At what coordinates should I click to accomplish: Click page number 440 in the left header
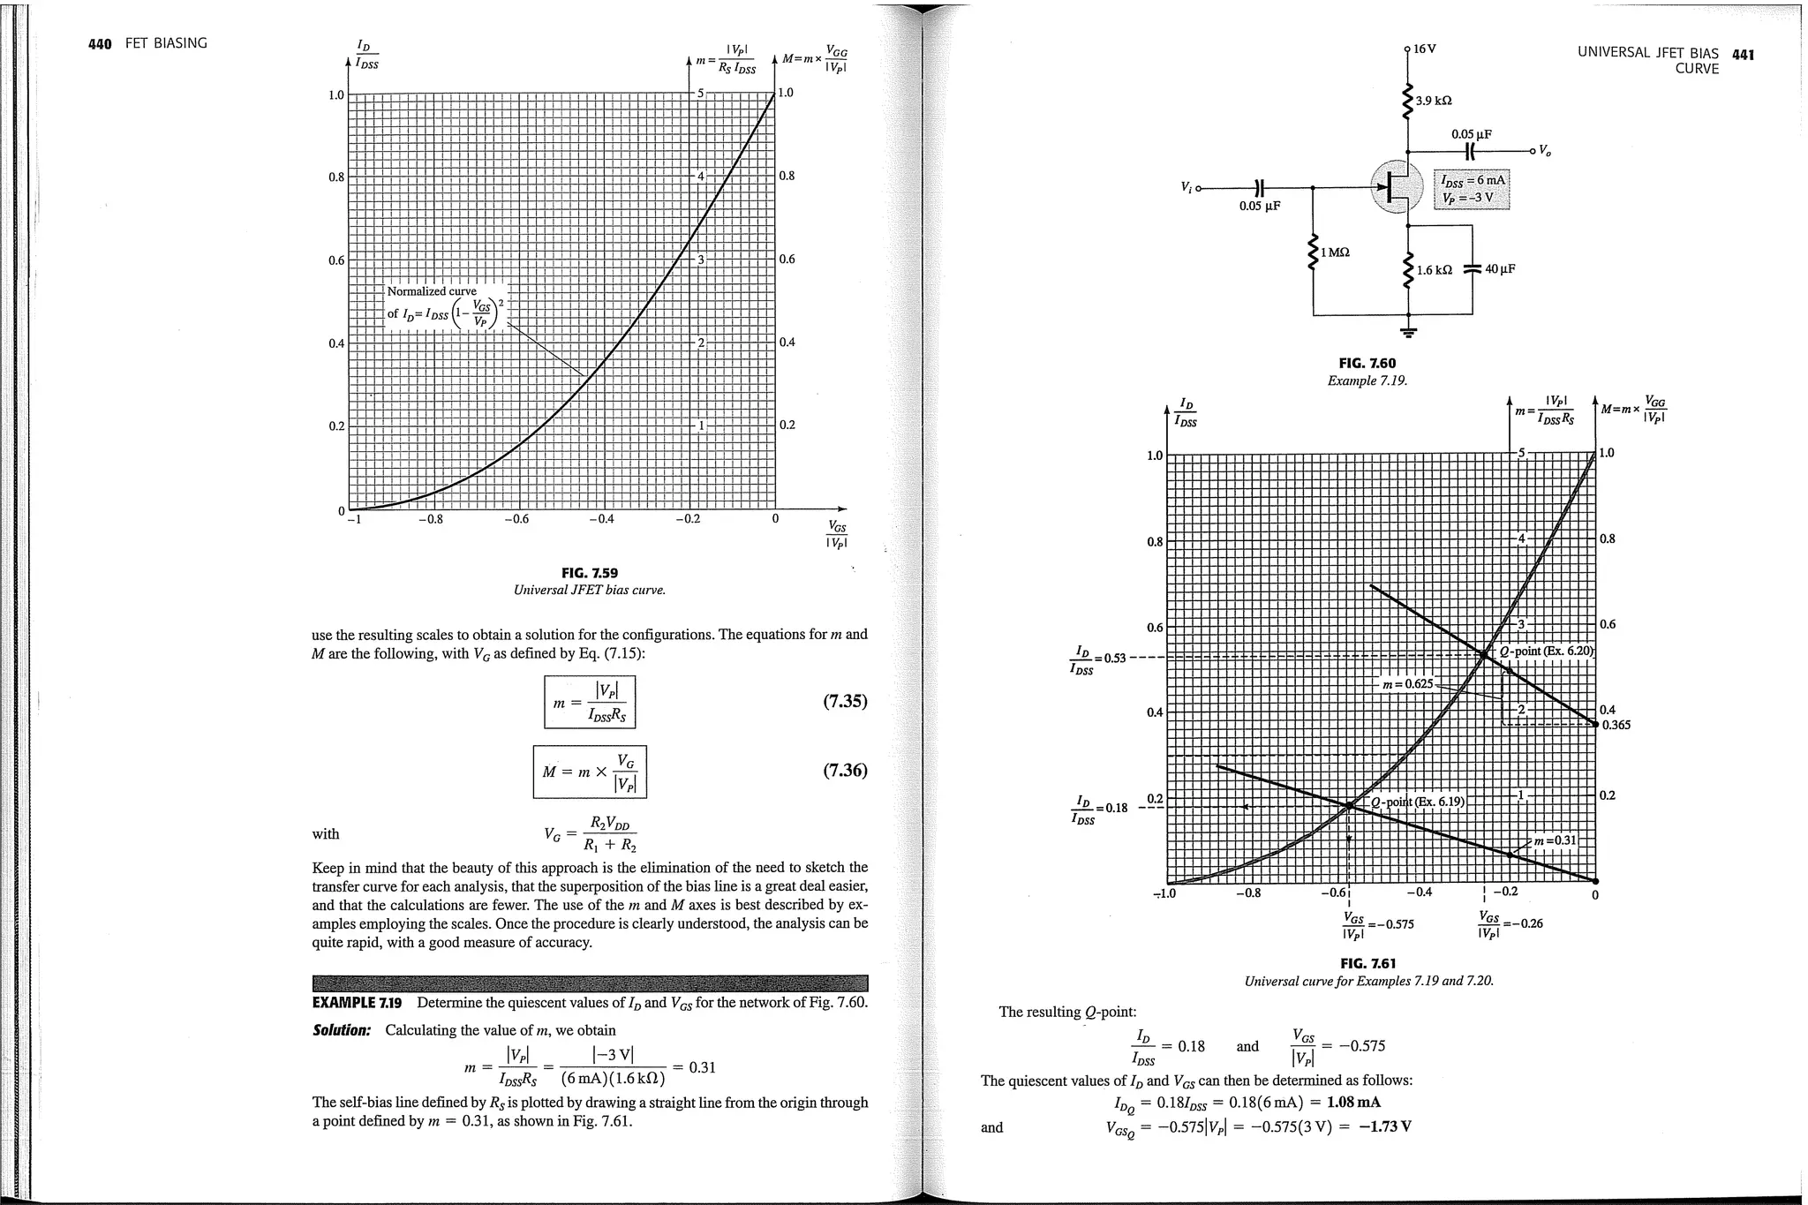(100, 44)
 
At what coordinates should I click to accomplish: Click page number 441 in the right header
(1743, 55)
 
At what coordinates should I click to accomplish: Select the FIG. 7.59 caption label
(589, 573)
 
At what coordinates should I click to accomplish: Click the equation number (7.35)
(845, 702)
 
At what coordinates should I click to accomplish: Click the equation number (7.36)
(845, 770)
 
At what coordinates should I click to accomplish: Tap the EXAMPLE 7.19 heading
(357, 1003)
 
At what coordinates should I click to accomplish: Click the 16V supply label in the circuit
(1425, 49)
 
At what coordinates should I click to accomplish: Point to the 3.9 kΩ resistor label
(1434, 102)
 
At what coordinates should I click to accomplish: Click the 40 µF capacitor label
(1500, 269)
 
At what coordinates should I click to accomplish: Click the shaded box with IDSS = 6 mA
(1472, 188)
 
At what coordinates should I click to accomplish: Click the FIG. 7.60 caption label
(1367, 363)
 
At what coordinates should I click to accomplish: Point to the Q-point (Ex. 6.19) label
(1417, 802)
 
